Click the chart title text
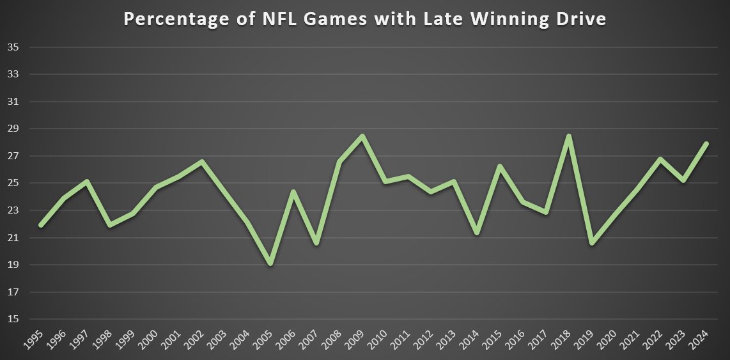364,19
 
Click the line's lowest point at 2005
270,263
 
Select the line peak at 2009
362,136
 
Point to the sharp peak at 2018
568,136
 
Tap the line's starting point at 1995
41,225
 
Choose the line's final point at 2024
706,143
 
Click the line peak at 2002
201,161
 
